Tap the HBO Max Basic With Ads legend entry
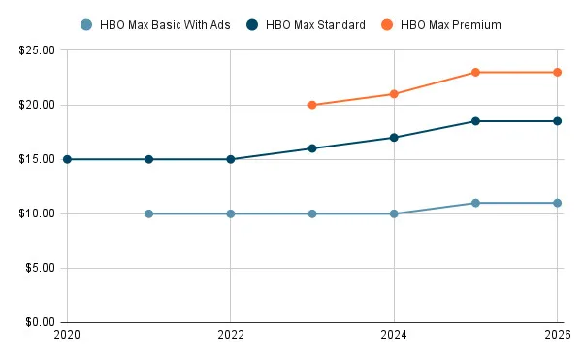[x=155, y=24]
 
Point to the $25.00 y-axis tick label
[x=36, y=50]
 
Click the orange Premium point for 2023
[x=312, y=105]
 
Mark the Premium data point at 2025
[x=475, y=72]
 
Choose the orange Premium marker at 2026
[x=557, y=72]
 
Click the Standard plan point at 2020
[x=67, y=159]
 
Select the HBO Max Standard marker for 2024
[x=394, y=138]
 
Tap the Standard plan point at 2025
[x=475, y=121]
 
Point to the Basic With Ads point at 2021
[x=148, y=213]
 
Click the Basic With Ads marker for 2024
[x=394, y=213]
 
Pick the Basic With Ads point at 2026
[x=557, y=203]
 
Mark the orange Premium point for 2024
[x=394, y=94]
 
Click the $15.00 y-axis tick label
[x=36, y=159]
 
